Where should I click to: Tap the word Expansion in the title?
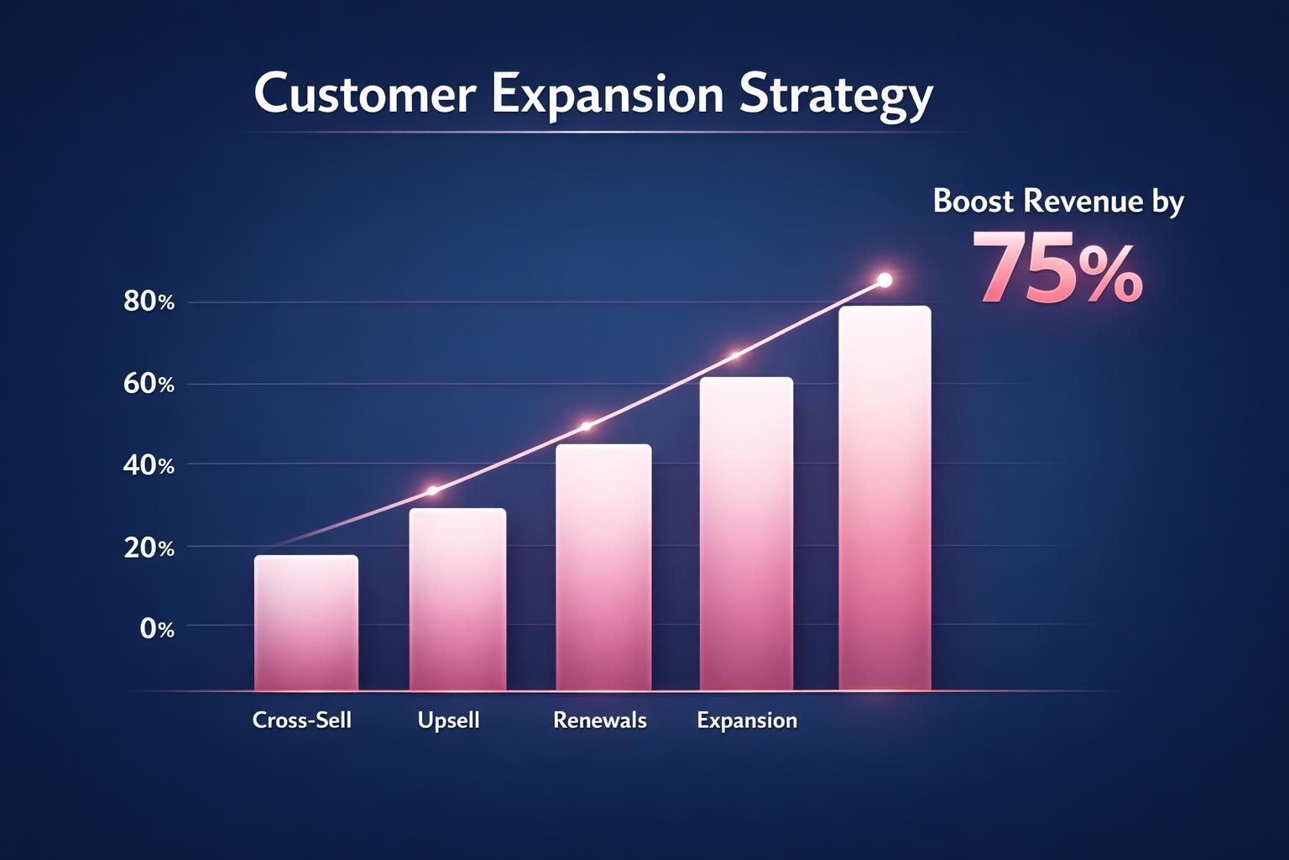(607, 94)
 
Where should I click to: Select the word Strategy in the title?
(836, 96)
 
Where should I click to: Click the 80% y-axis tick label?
(149, 302)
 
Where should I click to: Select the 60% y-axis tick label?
(149, 385)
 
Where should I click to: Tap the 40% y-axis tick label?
(149, 465)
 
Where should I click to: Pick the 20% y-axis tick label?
(149, 548)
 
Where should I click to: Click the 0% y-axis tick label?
(157, 628)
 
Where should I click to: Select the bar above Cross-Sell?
(306, 622)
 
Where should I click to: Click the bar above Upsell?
(457, 599)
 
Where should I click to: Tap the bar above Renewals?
(603, 567)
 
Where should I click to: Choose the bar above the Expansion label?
(746, 533)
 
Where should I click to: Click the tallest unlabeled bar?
(885, 498)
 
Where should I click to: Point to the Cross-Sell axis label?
(302, 721)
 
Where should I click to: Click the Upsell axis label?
(448, 721)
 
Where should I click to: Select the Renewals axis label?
(599, 721)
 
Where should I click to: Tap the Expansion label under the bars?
(747, 721)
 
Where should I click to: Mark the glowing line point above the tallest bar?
(884, 281)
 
